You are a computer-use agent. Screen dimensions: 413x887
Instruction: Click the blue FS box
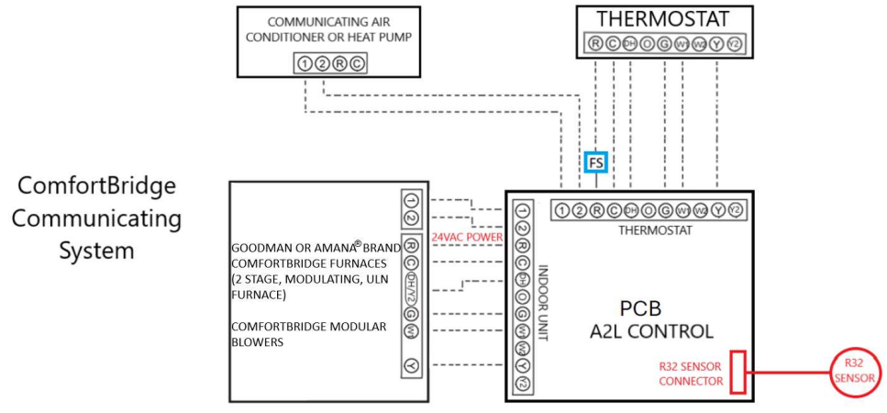[x=595, y=162]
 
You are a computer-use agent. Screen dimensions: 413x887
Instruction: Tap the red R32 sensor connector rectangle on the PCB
[x=737, y=371]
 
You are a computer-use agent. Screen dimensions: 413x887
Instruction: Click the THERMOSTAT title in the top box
[x=664, y=19]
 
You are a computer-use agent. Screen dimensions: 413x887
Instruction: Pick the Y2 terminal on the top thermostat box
[x=733, y=44]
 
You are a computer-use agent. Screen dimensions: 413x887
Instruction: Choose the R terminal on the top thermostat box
[x=595, y=44]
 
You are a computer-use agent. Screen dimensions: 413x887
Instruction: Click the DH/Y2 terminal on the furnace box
[x=411, y=285]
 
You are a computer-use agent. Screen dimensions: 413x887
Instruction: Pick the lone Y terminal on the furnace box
[x=411, y=366]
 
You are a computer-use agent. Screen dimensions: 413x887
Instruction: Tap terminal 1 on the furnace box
[x=411, y=201]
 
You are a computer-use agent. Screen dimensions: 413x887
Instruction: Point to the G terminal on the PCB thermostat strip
[x=665, y=210]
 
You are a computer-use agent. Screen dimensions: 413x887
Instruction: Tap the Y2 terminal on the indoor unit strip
[x=522, y=382]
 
